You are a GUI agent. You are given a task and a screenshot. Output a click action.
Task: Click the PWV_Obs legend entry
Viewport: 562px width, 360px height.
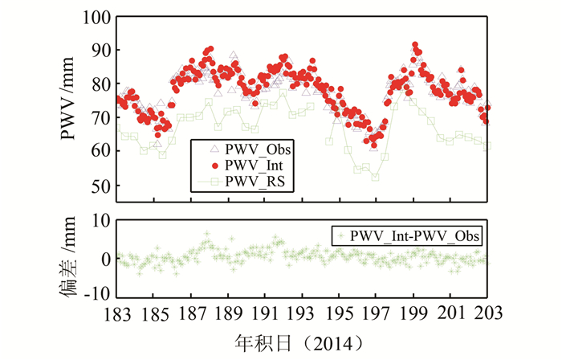tap(258, 149)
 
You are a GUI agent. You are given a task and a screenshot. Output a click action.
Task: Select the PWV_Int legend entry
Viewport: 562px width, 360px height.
tap(255, 166)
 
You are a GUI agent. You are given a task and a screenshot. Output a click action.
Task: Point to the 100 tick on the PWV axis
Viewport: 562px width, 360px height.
tap(96, 17)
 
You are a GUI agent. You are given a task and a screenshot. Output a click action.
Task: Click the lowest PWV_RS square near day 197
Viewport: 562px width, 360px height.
tap(375, 178)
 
